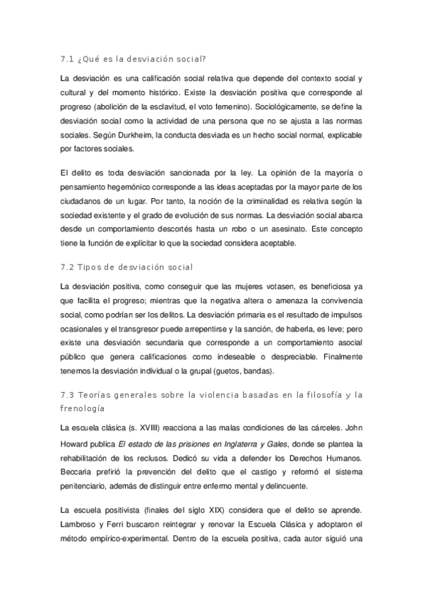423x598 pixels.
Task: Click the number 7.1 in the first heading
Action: (x=69, y=59)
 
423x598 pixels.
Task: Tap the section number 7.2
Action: (x=69, y=267)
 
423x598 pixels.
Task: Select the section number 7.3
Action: (x=69, y=395)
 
